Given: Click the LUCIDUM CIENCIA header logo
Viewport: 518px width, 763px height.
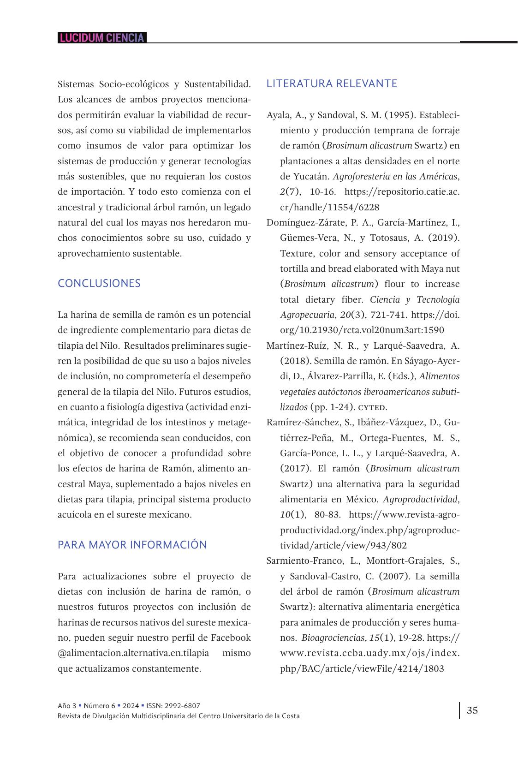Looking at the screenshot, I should click(x=101, y=38).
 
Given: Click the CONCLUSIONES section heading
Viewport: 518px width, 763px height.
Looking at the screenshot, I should click(x=99, y=283).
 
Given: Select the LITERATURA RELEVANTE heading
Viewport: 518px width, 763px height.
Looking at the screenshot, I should click(x=332, y=83).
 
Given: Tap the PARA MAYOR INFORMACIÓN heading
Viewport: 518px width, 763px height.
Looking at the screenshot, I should click(x=132, y=545).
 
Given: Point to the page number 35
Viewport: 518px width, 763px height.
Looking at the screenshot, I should click(x=472, y=710).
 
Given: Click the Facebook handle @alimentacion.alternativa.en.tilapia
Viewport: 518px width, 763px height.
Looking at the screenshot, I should click(x=133, y=653).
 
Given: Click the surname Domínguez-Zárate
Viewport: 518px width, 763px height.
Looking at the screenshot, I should click(x=306, y=223).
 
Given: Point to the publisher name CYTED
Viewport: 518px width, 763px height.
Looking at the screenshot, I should click(x=373, y=407).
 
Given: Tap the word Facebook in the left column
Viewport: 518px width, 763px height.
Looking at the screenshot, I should click(x=231, y=638).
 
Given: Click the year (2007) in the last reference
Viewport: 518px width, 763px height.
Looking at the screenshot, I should click(x=395, y=576).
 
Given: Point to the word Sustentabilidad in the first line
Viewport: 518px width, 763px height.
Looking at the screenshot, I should click(x=218, y=84).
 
